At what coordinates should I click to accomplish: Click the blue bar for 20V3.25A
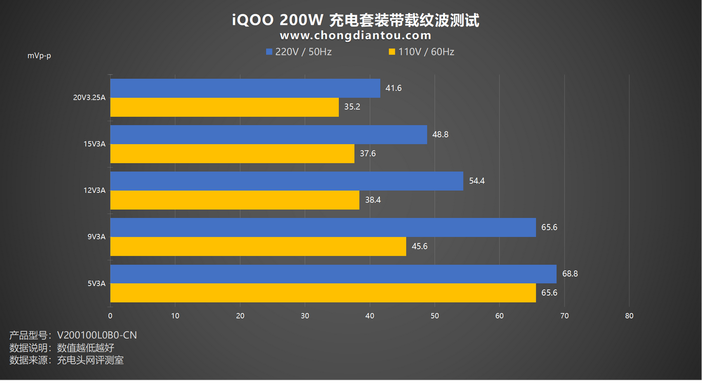pyautogui.click(x=245, y=88)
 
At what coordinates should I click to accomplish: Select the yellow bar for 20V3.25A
pyautogui.click(x=224, y=107)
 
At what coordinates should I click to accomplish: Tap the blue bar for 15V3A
pyautogui.click(x=268, y=134)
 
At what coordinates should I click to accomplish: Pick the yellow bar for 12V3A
pyautogui.click(x=234, y=200)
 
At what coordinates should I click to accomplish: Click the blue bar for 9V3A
pyautogui.click(x=323, y=227)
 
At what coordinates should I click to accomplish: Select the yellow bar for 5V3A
pyautogui.click(x=323, y=293)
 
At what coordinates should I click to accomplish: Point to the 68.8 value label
pyautogui.click(x=570, y=274)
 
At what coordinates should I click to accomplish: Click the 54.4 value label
pyautogui.click(x=476, y=181)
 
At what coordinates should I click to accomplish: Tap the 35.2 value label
pyautogui.click(x=352, y=107)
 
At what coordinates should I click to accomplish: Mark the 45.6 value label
pyautogui.click(x=419, y=246)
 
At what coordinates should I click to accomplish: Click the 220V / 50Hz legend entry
pyautogui.click(x=298, y=52)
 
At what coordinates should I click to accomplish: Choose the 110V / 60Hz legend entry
pyautogui.click(x=421, y=52)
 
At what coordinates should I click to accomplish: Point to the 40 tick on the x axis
pyautogui.click(x=370, y=316)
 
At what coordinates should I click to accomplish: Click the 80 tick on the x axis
pyautogui.click(x=629, y=316)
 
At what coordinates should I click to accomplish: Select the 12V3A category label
pyautogui.click(x=95, y=190)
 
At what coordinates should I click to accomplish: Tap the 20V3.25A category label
pyautogui.click(x=89, y=97)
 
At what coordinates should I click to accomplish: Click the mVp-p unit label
pyautogui.click(x=39, y=56)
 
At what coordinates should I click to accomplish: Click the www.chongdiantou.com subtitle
pyautogui.click(x=355, y=36)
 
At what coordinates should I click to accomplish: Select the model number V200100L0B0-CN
pyautogui.click(x=97, y=335)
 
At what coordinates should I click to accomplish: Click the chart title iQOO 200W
pyautogui.click(x=355, y=20)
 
